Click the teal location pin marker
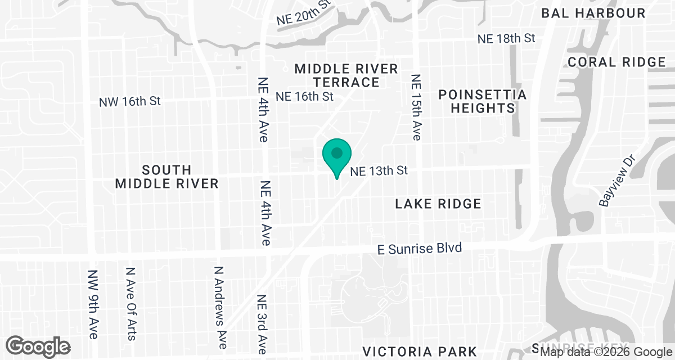pyautogui.click(x=337, y=155)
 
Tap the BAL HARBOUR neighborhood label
pyautogui.click(x=593, y=13)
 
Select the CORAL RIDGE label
pyautogui.click(x=616, y=62)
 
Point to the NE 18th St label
pyautogui.click(x=506, y=39)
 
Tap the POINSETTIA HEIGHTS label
pyautogui.click(x=483, y=101)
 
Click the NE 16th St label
pyautogui.click(x=304, y=96)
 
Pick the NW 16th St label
pyautogui.click(x=130, y=102)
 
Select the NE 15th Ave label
pyautogui.click(x=416, y=107)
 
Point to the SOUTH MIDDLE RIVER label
pyautogui.click(x=166, y=177)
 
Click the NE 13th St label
pyautogui.click(x=379, y=170)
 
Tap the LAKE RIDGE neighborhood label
pyautogui.click(x=438, y=204)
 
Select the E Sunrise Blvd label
pyautogui.click(x=419, y=248)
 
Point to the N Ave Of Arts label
pyautogui.click(x=130, y=303)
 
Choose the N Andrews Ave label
pyautogui.click(x=220, y=307)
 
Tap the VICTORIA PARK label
pyautogui.click(x=420, y=352)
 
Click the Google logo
pyautogui.click(x=38, y=346)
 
